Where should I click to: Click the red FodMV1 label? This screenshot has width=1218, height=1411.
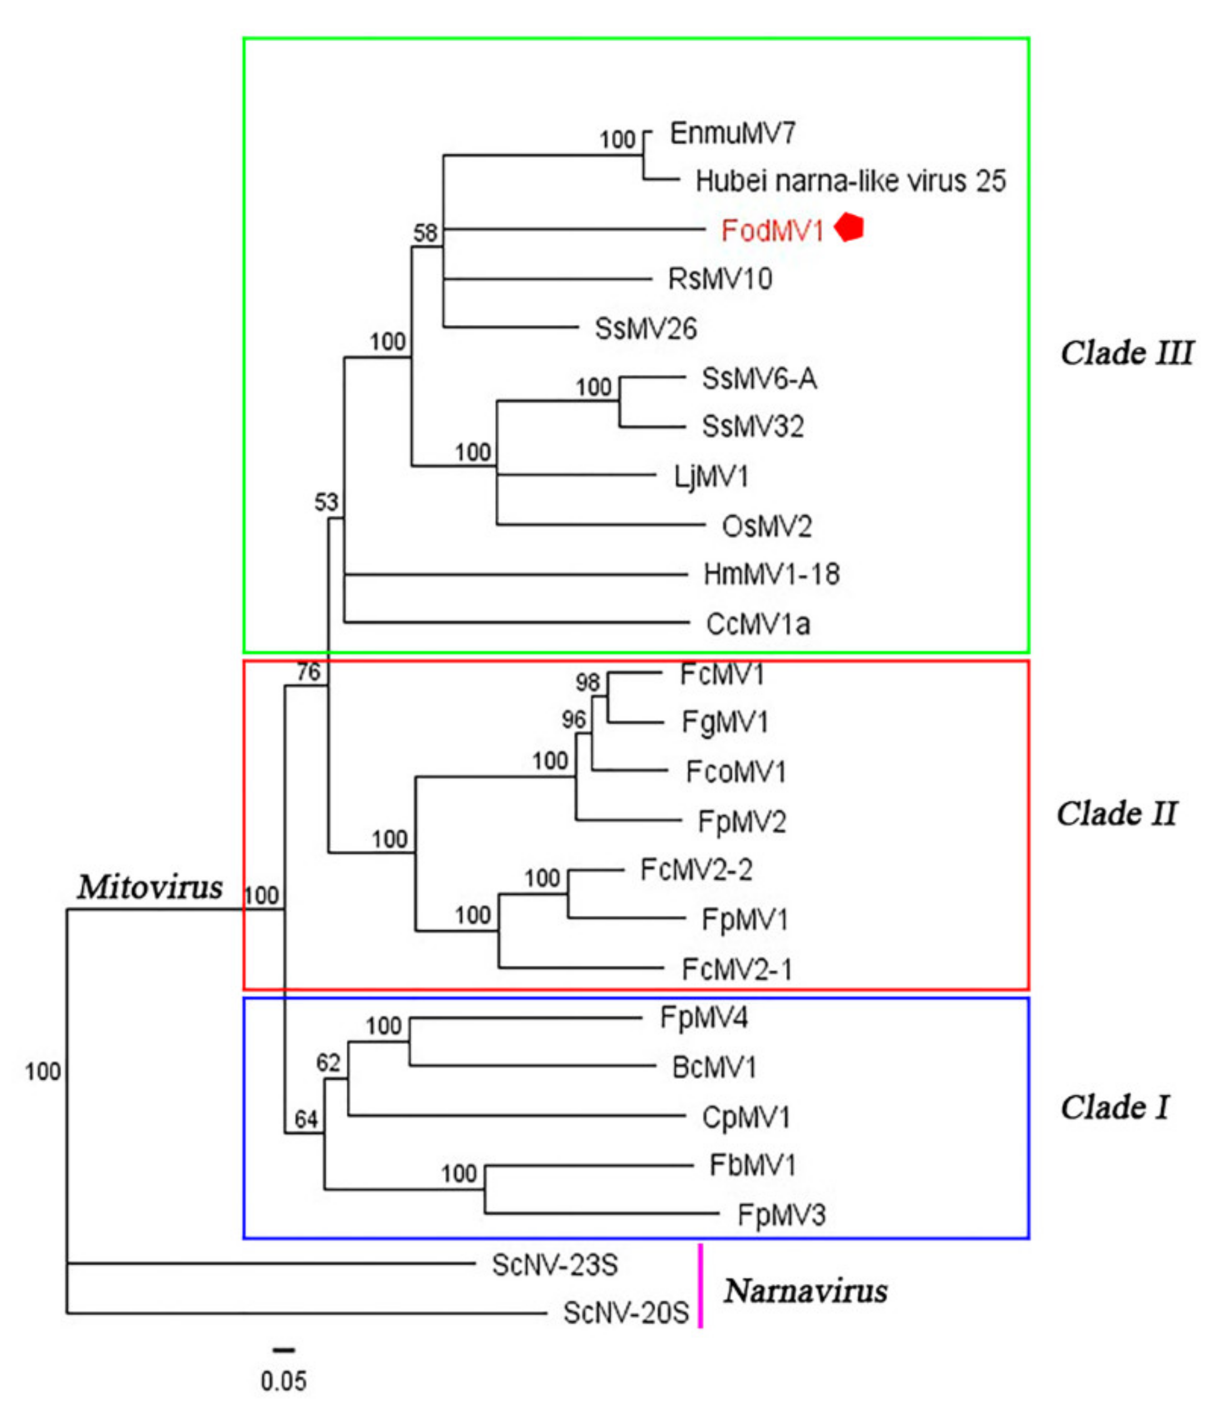[772, 231]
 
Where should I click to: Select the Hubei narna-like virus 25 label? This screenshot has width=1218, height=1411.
[850, 181]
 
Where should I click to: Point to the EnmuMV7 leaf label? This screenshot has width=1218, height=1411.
[732, 133]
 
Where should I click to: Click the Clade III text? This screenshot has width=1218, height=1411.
[1126, 353]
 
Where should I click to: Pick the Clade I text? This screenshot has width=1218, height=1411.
[1115, 1107]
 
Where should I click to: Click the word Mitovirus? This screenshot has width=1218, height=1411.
[149, 887]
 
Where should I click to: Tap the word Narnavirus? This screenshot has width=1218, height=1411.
[805, 1290]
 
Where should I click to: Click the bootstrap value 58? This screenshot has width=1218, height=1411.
[425, 233]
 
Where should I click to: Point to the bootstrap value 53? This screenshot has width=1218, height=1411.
[326, 502]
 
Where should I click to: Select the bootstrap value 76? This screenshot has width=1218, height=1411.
[308, 672]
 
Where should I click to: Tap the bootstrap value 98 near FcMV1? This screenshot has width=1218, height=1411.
[587, 682]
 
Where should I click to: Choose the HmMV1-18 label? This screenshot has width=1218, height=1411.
[771, 575]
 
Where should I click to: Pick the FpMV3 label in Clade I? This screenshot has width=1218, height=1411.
[781, 1215]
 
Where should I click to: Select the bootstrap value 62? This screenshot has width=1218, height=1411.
[328, 1062]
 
